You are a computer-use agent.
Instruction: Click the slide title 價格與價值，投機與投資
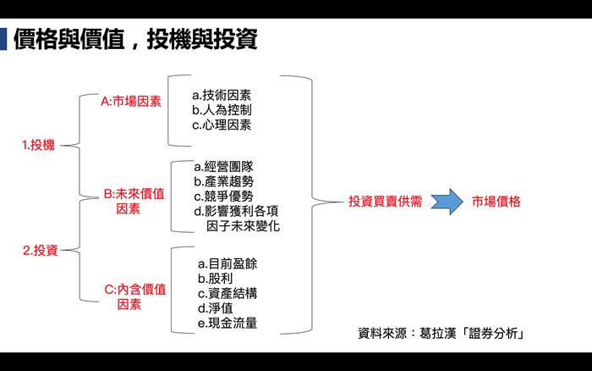click(x=135, y=39)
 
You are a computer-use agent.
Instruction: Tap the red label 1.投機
click(x=39, y=145)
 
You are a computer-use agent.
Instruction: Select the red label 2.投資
click(x=41, y=250)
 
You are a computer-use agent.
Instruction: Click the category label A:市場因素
click(x=131, y=102)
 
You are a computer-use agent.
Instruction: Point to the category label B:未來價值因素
click(x=134, y=202)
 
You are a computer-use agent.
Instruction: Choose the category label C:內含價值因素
click(x=135, y=296)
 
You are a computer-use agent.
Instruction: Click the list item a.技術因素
click(x=222, y=95)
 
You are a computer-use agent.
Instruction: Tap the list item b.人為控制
click(x=222, y=109)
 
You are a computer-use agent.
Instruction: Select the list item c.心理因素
click(x=222, y=125)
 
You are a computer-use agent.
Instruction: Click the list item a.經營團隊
click(x=223, y=166)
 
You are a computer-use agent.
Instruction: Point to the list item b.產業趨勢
click(x=223, y=181)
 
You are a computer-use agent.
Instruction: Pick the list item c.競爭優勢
click(x=223, y=196)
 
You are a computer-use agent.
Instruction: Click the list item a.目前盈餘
click(x=227, y=263)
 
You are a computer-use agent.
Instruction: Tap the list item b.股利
click(x=215, y=279)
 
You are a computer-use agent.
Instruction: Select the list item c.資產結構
click(x=227, y=293)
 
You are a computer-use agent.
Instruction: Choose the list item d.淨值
click(x=215, y=307)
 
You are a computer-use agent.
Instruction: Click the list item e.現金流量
click(x=227, y=323)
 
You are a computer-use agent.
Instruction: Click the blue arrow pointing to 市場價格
click(x=447, y=202)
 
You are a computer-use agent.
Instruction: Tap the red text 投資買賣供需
click(x=385, y=202)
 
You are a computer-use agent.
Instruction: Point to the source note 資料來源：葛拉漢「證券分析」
click(x=441, y=333)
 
